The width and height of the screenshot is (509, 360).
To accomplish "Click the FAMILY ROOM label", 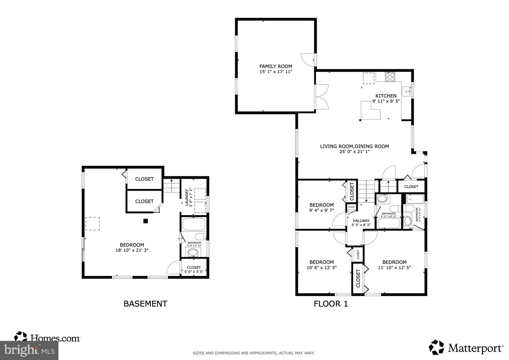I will click(276, 66).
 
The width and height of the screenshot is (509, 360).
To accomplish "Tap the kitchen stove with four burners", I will click(390, 77).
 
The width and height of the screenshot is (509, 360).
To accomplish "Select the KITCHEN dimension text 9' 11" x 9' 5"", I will click(386, 101).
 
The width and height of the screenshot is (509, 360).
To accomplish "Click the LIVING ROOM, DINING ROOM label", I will click(354, 146).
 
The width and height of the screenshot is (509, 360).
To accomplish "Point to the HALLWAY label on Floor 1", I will click(361, 221).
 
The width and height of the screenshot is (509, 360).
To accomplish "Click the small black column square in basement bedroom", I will click(145, 221).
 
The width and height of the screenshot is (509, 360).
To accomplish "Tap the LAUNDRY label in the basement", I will click(187, 198).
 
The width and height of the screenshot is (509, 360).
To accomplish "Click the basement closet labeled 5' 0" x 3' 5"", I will click(194, 269).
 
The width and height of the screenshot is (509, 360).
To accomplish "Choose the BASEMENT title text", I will click(145, 303).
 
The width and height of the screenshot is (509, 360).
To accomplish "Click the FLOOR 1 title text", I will click(331, 303).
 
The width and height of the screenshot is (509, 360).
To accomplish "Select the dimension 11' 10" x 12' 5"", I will click(394, 268).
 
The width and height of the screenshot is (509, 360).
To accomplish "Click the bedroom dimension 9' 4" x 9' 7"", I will click(321, 210).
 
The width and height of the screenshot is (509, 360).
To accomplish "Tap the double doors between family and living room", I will click(322, 97).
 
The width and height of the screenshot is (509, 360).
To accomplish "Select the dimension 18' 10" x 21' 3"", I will click(131, 250).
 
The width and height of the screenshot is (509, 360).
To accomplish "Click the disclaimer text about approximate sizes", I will click(253, 353).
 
